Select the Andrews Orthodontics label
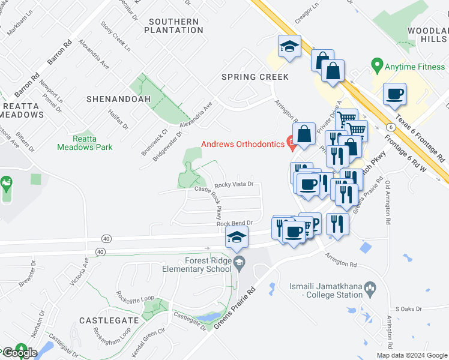tap(243, 144)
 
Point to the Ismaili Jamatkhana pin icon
tap(370, 289)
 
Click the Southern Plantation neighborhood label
tap(173, 26)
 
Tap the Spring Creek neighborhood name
tap(255, 77)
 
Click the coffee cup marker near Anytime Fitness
tap(394, 94)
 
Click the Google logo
tap(19, 352)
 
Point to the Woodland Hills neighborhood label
tap(427, 34)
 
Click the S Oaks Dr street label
tap(411, 308)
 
